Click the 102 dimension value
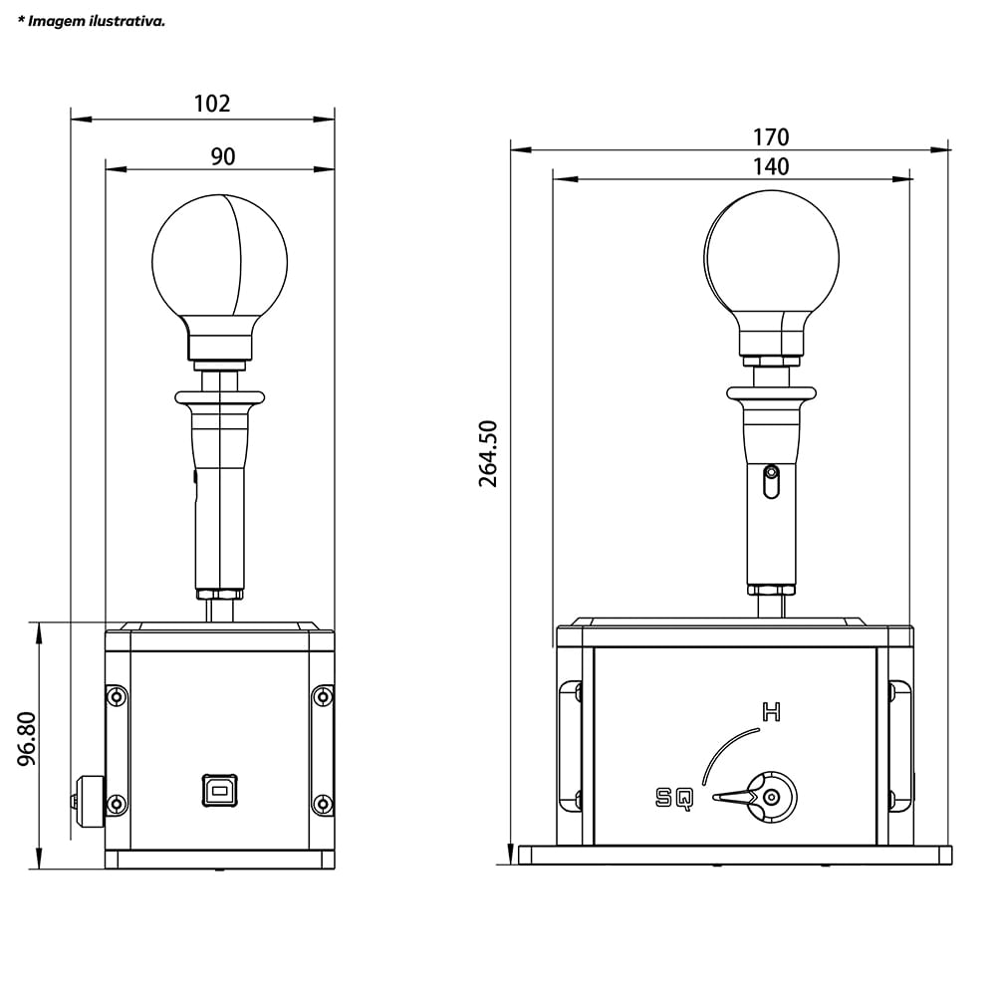211,104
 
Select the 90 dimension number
223,156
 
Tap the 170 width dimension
771,137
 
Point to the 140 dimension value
771,166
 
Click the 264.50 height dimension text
488,453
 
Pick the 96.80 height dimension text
27,738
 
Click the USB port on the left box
220,791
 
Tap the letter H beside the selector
771,712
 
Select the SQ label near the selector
674,798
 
